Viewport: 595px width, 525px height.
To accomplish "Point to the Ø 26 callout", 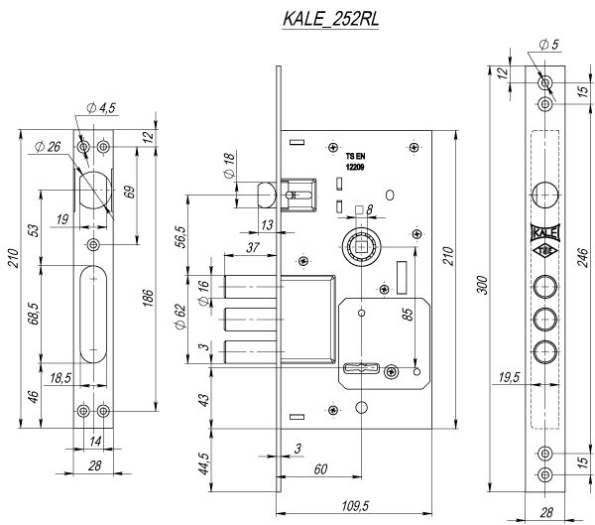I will pyautogui.click(x=47, y=146).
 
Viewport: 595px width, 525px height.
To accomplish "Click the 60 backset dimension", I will pyautogui.click(x=319, y=468).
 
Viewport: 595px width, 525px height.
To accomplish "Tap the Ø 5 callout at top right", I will pyautogui.click(x=551, y=44).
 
